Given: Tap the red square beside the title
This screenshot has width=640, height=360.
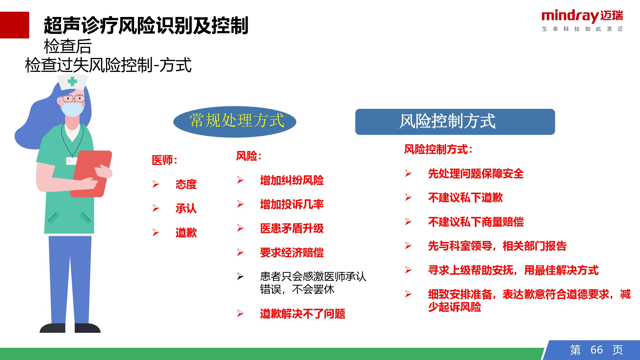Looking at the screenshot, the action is coord(14,25).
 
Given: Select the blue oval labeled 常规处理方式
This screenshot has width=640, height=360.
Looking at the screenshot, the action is coord(235,122).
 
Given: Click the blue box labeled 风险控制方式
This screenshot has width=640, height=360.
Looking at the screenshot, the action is coord(455,122).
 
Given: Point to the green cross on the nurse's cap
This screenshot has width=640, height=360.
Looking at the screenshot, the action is coord(72,81).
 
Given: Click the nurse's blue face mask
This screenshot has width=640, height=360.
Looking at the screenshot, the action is coord(72,109).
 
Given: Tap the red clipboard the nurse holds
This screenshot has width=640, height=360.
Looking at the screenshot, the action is coord(91,174).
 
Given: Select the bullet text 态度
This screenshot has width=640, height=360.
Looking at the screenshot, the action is coord(186,184).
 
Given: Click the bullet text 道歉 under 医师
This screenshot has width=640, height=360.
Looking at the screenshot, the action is coord(186,233).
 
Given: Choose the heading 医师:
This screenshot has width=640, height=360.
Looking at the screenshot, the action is coord(164,160).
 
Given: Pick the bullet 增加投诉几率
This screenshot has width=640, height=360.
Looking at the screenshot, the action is coord(292,204).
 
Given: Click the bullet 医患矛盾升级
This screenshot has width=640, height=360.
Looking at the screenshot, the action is coord(292,228).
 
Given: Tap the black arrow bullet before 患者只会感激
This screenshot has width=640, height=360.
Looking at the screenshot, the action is coord(240,276).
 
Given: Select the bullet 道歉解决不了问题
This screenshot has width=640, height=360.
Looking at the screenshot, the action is coord(302,314).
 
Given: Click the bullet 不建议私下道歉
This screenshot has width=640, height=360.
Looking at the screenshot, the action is coord(465,197).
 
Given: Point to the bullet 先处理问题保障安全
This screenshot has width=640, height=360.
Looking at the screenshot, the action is coord(476,173).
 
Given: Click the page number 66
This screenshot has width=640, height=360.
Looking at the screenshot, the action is coord(596,350).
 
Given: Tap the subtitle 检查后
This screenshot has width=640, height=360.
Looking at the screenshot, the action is coord(68,46).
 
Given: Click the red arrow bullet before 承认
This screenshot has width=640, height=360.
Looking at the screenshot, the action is coord(156,208).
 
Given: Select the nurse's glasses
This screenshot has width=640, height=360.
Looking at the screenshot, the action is coord(74,99).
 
